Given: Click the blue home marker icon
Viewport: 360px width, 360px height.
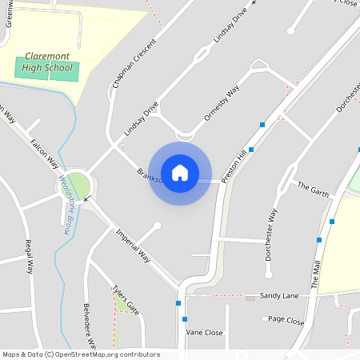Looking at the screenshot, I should (180, 172).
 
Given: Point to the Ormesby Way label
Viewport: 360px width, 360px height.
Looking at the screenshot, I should (222, 103).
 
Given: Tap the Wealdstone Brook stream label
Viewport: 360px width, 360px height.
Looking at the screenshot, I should (63, 205).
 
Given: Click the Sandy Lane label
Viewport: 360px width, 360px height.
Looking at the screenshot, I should (278, 295).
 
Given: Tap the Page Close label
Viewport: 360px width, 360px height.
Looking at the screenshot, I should (286, 321).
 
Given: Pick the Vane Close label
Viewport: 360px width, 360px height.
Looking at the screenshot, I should (204, 332).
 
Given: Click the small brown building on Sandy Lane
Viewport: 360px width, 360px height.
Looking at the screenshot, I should (250, 298).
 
